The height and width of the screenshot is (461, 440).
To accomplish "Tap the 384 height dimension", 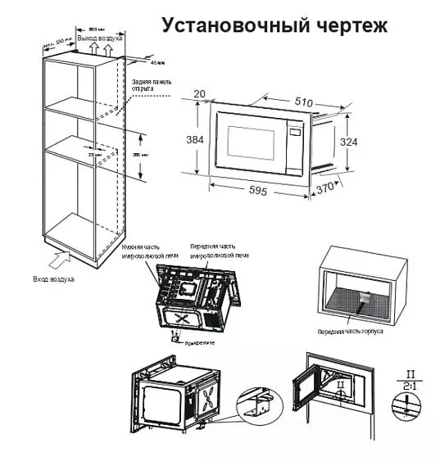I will coord(194,140).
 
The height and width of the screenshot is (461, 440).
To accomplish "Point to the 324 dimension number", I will coord(350,140).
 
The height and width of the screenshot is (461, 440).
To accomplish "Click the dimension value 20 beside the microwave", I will coord(199,94).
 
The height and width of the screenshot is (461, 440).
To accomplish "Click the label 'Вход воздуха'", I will coord(53,280).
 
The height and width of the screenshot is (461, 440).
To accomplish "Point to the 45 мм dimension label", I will coord(157,62).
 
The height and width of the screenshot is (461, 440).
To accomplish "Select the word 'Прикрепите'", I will coord(201,345).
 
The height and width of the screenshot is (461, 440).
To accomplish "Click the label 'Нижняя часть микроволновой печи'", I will coord(143,250).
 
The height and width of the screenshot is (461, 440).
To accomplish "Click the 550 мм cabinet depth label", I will coord(52,42).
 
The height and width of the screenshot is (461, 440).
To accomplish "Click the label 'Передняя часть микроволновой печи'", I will coord(214,250).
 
